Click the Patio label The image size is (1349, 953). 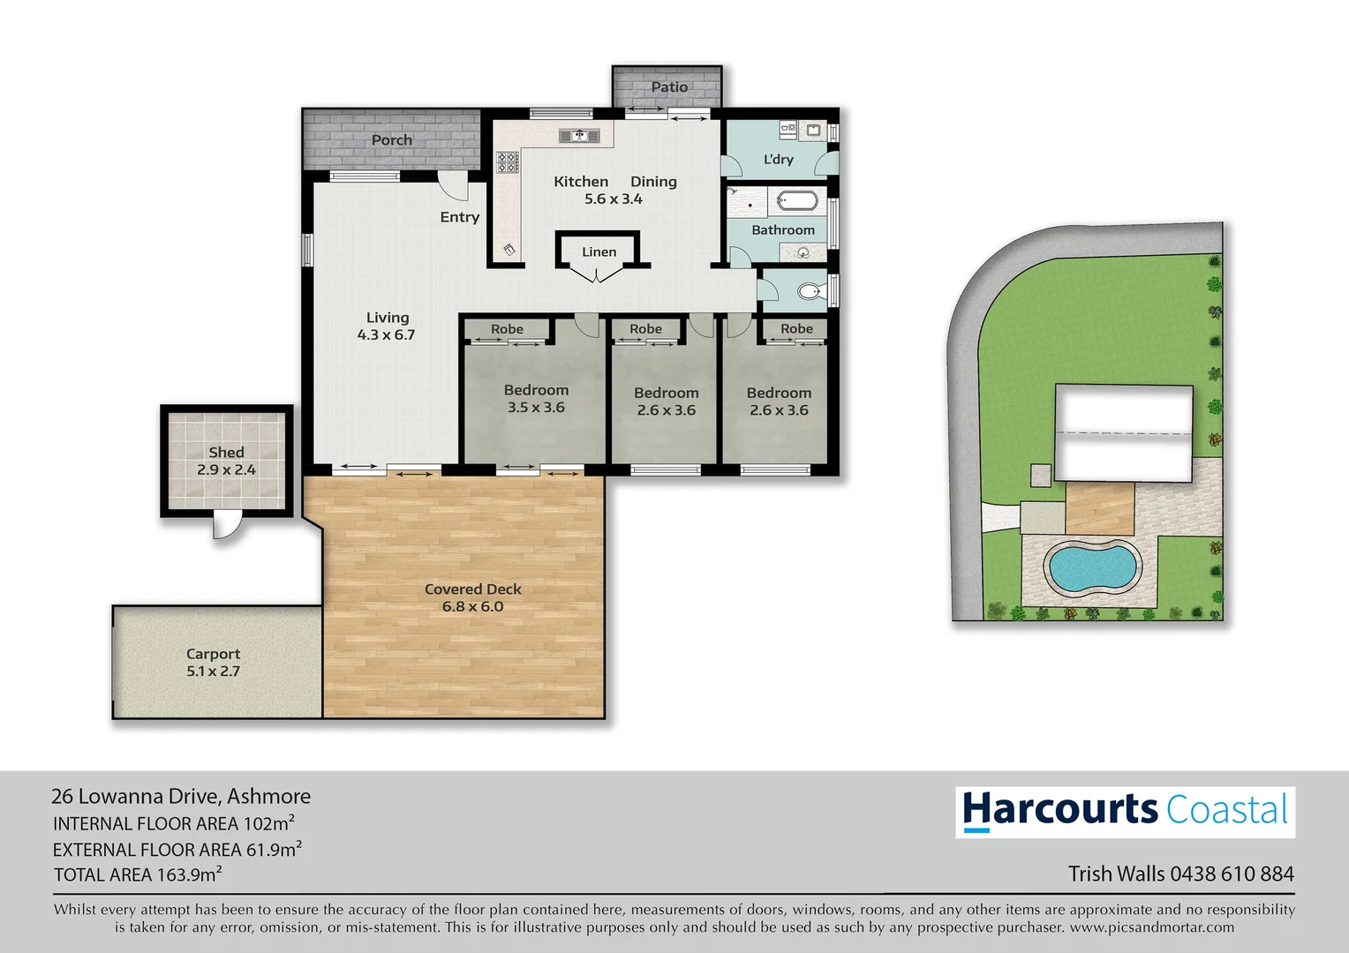(669, 86)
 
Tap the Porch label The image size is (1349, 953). (391, 139)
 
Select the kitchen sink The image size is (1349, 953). (579, 136)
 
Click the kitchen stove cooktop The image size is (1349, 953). (507, 162)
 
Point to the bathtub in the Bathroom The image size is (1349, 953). (797, 201)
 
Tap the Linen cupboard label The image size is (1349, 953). (599, 252)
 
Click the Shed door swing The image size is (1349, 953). (226, 527)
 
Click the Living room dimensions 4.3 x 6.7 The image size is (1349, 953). (386, 335)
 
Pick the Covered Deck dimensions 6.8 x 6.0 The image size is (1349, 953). (472, 607)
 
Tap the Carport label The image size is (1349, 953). (213, 654)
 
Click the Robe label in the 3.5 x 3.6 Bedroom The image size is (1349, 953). (507, 329)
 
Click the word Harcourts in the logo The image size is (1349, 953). (1059, 810)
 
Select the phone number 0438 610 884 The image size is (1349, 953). (1232, 874)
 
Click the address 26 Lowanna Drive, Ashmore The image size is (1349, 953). (181, 796)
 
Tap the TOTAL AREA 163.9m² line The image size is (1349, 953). (138, 874)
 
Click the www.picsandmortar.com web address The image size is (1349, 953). (1151, 927)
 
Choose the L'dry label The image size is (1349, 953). (778, 160)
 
